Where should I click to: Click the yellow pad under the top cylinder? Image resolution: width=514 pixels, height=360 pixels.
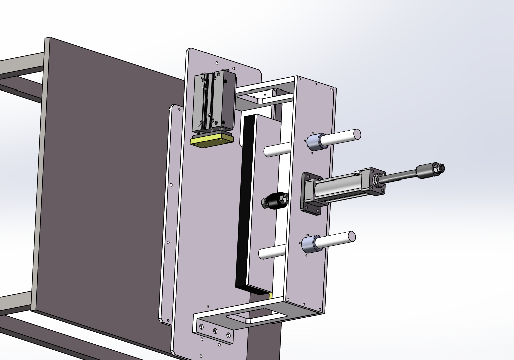click(213, 141)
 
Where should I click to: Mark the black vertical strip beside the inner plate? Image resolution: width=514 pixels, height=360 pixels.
click(242, 201)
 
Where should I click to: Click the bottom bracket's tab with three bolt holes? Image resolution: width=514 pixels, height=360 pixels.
click(215, 332)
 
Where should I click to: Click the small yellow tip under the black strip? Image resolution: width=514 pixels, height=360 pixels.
click(270, 296)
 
